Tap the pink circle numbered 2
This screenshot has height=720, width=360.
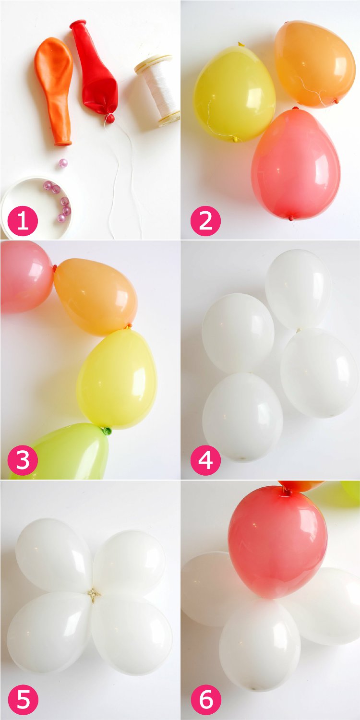[x=205, y=221]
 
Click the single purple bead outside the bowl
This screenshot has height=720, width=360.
[x=63, y=163]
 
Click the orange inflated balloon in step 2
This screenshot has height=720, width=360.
[x=314, y=62]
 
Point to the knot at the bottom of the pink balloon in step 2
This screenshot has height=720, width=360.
[x=291, y=218]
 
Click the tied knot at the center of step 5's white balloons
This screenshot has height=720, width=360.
[x=94, y=595]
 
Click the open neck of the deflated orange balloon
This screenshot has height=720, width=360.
[x=63, y=142]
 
